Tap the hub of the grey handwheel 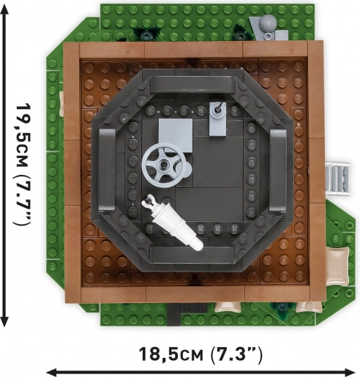(162, 163)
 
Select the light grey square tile (176, 135)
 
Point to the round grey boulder (268, 23)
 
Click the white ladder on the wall (339, 178)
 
